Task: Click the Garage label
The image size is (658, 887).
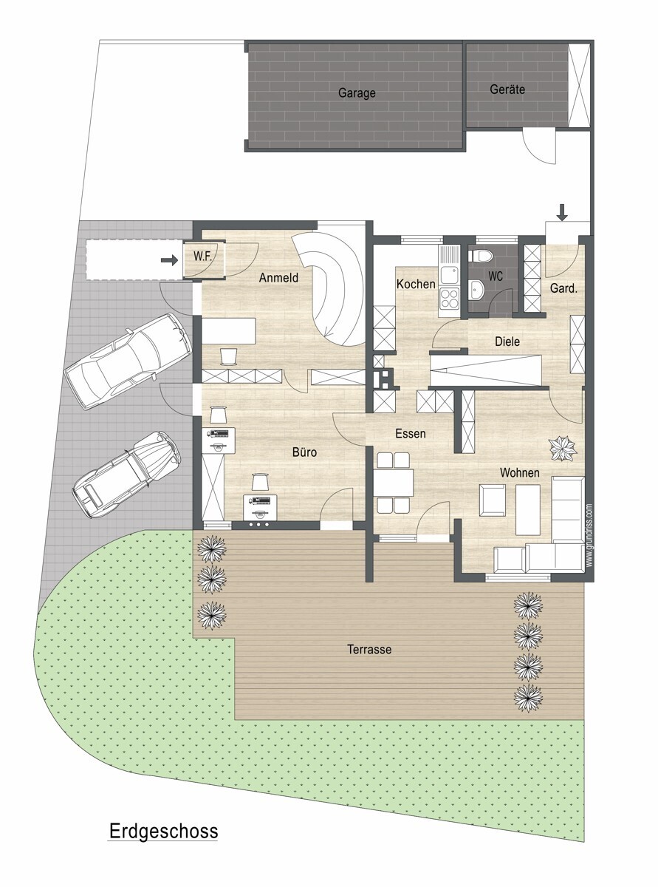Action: pyautogui.click(x=357, y=93)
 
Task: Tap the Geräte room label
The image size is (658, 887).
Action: pyautogui.click(x=507, y=89)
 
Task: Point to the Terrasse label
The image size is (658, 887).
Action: pyautogui.click(x=369, y=649)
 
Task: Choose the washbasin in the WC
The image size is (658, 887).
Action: pyautogui.click(x=476, y=289)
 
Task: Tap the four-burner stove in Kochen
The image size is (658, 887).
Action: pyautogui.click(x=450, y=298)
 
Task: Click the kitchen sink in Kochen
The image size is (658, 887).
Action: pyautogui.click(x=450, y=265)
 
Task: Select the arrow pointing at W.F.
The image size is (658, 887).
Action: pyautogui.click(x=169, y=260)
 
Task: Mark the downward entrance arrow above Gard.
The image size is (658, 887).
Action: pyautogui.click(x=562, y=213)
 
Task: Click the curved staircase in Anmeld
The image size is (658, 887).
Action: pyautogui.click(x=334, y=288)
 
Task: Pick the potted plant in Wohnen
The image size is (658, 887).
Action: pyautogui.click(x=563, y=448)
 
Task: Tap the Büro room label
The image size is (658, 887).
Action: pyautogui.click(x=304, y=452)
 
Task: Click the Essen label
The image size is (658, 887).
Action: pyautogui.click(x=411, y=433)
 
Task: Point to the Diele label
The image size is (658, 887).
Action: pyautogui.click(x=507, y=341)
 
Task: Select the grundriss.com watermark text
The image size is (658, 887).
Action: pyautogui.click(x=589, y=534)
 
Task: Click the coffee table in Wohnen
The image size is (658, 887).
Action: pyautogui.click(x=527, y=509)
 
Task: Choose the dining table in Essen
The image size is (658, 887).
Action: pyautogui.click(x=393, y=483)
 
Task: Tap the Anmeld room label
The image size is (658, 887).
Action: pyautogui.click(x=278, y=277)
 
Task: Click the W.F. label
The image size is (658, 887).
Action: pyautogui.click(x=202, y=256)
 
